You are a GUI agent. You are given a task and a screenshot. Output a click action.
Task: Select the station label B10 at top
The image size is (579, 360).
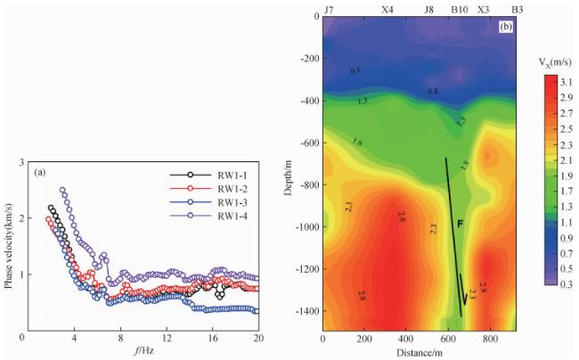460,8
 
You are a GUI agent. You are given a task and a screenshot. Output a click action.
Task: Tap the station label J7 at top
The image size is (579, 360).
329,8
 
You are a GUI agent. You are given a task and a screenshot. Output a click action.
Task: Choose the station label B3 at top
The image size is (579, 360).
517,8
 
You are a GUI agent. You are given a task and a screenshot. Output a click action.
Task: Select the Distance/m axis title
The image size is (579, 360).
420,352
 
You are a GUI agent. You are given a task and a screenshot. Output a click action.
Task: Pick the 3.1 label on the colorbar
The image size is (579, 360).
565,80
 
